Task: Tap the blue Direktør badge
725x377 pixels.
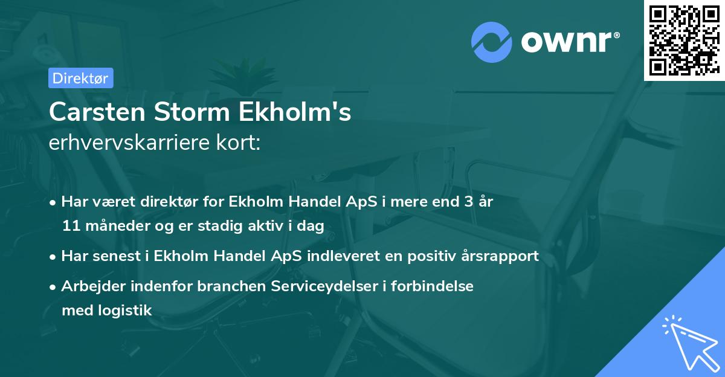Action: point(80,78)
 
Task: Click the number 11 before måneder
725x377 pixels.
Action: point(69,227)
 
